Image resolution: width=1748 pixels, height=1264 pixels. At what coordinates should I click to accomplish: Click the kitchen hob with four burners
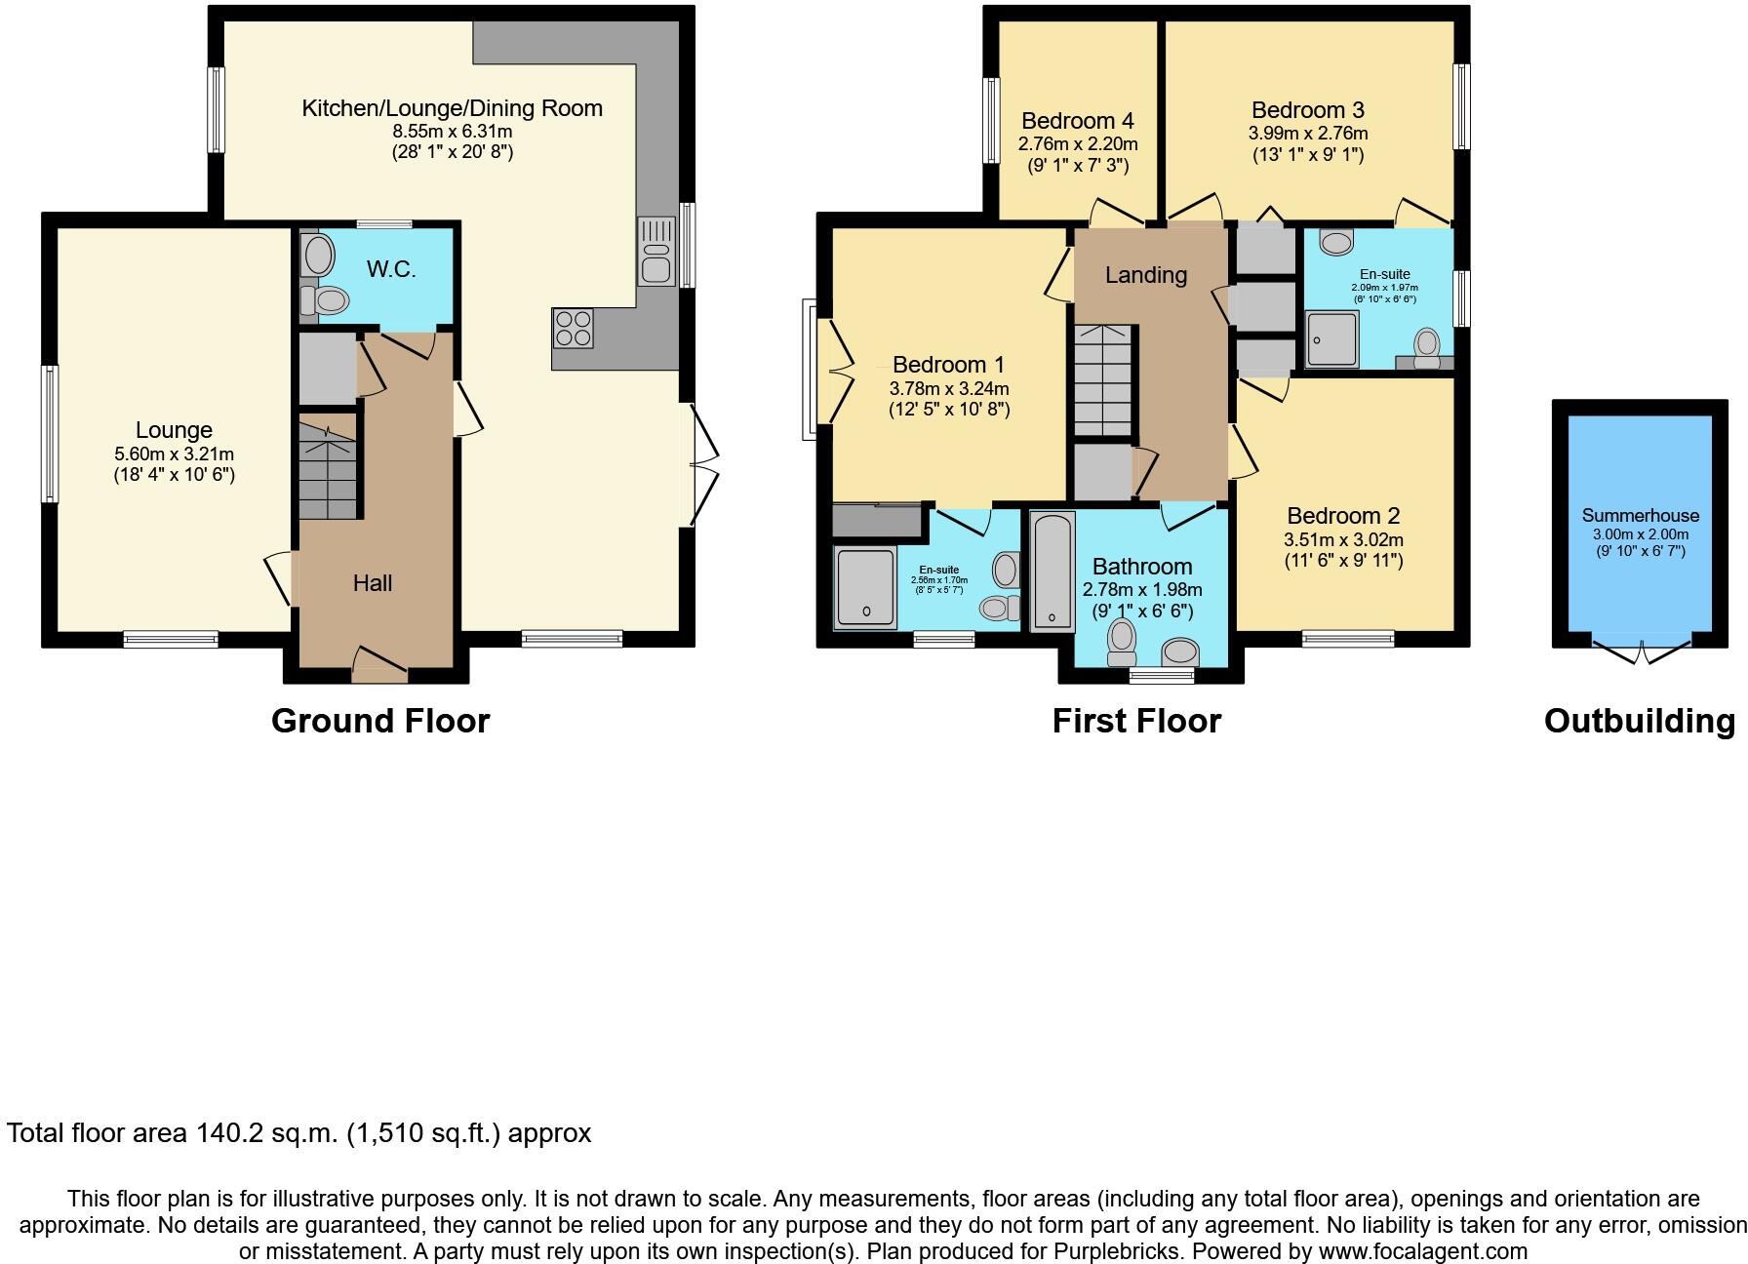(x=574, y=328)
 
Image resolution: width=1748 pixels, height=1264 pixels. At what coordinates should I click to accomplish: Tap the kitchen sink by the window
(x=655, y=252)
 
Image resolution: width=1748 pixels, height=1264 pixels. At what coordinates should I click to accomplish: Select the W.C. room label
(x=391, y=269)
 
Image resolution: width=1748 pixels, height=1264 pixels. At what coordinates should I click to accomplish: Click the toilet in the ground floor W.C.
(x=327, y=300)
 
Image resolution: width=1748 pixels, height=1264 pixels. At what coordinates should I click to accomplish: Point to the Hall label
(x=373, y=583)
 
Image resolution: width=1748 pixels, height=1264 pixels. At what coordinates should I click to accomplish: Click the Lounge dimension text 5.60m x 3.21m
(x=174, y=454)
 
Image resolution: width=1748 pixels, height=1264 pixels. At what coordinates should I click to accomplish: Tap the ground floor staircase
(x=328, y=466)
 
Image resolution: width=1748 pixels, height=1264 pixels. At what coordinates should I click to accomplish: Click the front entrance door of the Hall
(x=378, y=665)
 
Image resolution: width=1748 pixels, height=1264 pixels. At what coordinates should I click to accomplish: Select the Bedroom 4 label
(x=1077, y=121)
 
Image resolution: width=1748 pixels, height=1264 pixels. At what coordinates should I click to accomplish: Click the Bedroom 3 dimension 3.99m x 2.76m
(x=1307, y=134)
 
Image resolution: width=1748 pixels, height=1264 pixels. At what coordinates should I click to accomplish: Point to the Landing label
(x=1145, y=275)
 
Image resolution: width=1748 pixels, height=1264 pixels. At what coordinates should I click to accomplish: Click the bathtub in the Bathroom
(x=1052, y=572)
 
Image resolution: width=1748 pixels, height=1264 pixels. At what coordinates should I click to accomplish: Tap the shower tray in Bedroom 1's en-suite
(x=864, y=586)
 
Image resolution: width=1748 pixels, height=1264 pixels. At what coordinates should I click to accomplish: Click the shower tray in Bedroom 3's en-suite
(x=1331, y=339)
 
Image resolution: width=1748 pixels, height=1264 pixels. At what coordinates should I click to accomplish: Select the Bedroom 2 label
(x=1343, y=516)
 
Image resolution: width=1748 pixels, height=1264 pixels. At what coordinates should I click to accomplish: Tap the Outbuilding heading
(x=1639, y=721)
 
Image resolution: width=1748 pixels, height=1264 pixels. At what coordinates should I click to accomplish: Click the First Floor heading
(x=1135, y=721)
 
